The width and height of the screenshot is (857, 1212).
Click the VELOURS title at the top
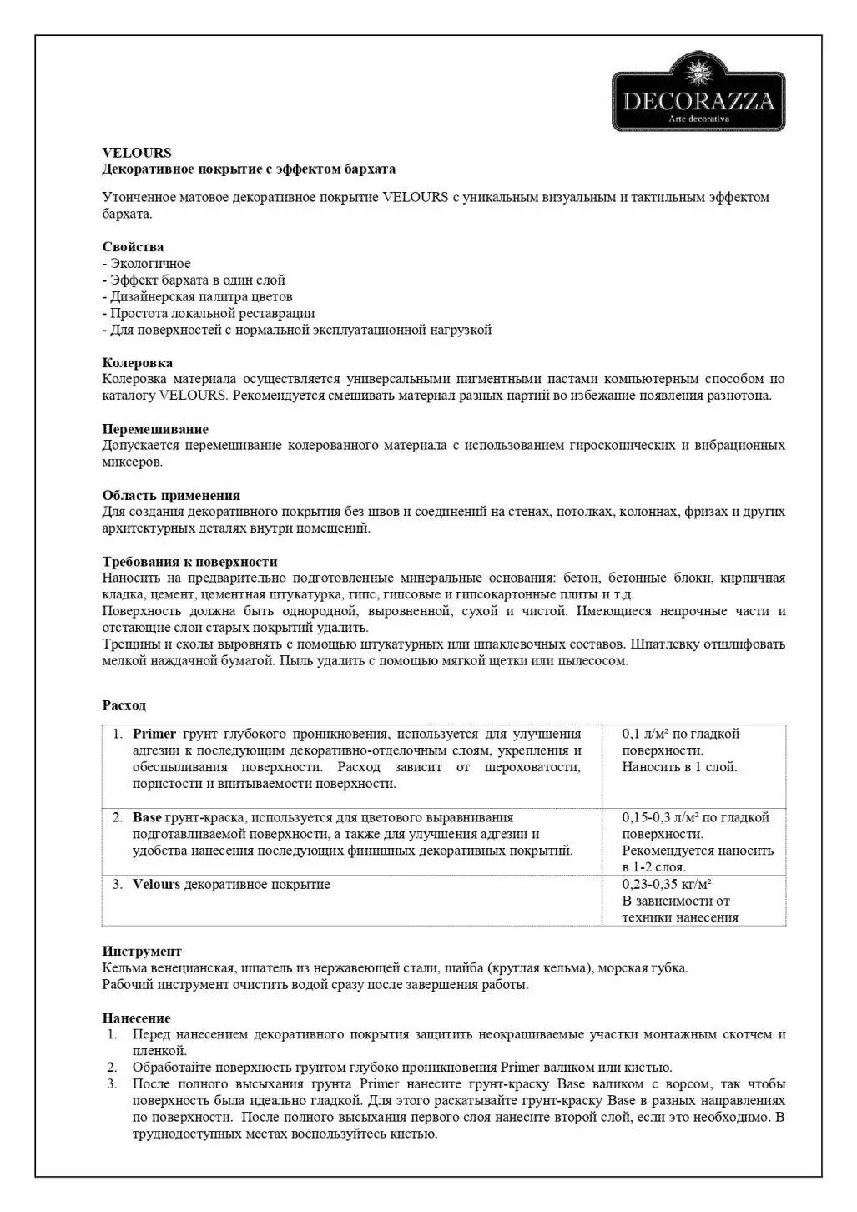pos(137,153)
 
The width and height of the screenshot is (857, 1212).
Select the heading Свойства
pos(133,247)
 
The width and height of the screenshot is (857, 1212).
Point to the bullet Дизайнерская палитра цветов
pos(201,297)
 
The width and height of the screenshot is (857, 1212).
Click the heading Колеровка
pos(138,363)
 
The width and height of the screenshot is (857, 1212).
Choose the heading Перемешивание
pos(155,429)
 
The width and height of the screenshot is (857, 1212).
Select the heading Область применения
pos(171,496)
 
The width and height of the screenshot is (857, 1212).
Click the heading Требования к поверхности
pos(189,562)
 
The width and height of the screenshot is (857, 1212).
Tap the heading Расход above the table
pos(124,706)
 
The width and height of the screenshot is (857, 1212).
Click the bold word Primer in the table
pos(154,735)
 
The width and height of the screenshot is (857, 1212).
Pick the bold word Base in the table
pos(147,818)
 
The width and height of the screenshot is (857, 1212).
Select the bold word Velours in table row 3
pos(156,885)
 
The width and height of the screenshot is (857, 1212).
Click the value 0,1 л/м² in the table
pos(645,735)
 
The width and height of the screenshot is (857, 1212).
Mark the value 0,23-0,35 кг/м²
pos(666,885)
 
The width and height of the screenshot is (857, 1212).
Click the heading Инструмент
pos(142,952)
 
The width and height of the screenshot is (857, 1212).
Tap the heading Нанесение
pos(136,1018)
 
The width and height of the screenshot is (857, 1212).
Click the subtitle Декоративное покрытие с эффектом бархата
pos(249,169)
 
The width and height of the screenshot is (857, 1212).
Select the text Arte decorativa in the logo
pos(699,119)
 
